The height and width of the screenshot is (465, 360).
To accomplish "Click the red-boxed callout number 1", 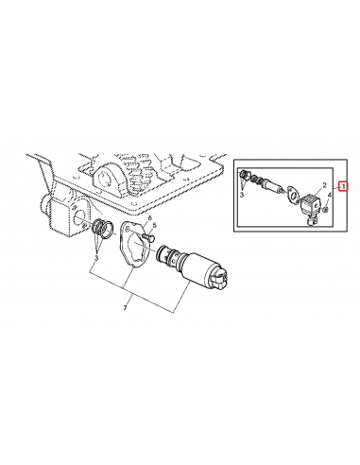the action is pos(343,186).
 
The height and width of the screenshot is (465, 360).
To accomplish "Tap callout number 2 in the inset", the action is pos(324,185).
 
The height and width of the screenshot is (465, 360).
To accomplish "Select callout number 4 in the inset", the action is pos(330,196).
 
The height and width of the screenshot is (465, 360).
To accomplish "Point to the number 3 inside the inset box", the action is pos(242,195).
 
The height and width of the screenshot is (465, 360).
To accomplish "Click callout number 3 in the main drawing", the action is pos(96,258).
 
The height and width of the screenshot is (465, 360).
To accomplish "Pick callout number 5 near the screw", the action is pos(155,225).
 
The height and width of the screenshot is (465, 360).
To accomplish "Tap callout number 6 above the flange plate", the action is pos(150,217).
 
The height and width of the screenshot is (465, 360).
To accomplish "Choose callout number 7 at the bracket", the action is pos(125,308).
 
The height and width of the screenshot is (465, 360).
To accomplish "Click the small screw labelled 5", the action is pos(148,236).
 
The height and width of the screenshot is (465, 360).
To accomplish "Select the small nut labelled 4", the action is pos(326,208).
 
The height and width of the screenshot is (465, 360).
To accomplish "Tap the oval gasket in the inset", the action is pos(293,196).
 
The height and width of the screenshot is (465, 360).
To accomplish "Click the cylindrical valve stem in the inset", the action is pos(273,185).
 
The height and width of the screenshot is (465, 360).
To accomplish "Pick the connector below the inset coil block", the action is pos(312,221).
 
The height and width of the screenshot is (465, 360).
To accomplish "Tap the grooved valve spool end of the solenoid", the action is pos(168,255).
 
